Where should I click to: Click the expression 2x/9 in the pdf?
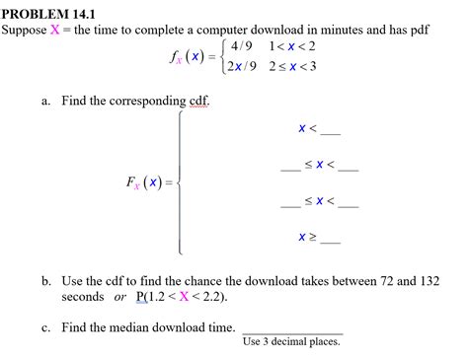click(x=241, y=66)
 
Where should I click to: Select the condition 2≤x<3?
click(x=294, y=66)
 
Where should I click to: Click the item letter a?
click(x=45, y=102)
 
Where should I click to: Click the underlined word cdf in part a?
click(x=195, y=102)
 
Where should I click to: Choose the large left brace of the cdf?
click(x=181, y=182)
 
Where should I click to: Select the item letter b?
click(x=46, y=281)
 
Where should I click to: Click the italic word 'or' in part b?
click(x=120, y=296)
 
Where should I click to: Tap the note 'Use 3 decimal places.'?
click(x=291, y=342)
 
